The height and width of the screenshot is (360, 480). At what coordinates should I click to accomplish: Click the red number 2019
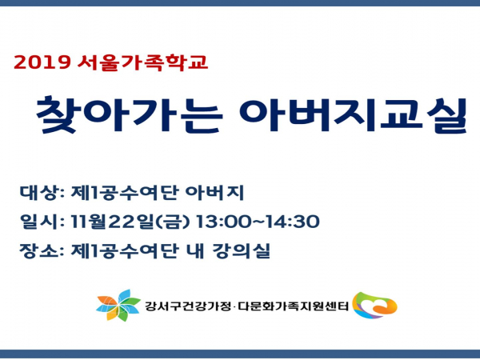pos(42,62)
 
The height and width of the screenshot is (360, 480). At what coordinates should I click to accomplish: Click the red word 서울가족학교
pos(142,62)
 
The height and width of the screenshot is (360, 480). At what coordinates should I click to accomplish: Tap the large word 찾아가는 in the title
pos(129,114)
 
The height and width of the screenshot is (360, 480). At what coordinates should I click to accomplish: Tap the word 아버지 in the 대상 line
pos(215,193)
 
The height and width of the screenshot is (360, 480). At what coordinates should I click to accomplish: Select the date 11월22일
pos(112,222)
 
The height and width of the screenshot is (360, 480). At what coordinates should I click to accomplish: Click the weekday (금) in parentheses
pos(173,222)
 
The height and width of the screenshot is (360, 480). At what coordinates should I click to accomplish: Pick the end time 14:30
pos(293,222)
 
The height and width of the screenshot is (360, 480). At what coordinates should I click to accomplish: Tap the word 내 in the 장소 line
pos(194,250)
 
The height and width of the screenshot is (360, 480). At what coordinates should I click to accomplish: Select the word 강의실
pos(242,250)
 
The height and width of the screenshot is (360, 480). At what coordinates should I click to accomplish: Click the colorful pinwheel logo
pos(118,306)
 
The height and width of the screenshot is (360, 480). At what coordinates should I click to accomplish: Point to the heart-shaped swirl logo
pos(374,305)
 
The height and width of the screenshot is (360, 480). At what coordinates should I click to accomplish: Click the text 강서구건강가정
pos(188,306)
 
